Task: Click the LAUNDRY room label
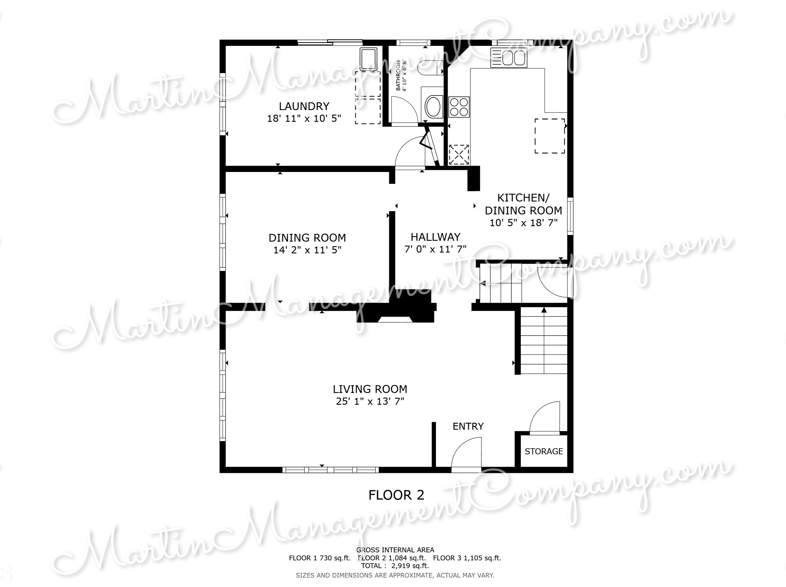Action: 304,106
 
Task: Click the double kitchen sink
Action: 509,58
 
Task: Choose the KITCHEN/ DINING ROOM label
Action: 523,204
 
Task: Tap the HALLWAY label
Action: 435,237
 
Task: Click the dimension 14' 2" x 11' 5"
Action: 307,250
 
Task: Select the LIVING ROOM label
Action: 370,389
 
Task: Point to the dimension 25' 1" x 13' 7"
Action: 370,402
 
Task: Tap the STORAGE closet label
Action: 544,451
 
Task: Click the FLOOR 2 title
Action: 396,495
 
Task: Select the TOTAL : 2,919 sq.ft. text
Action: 395,566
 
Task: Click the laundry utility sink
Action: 368,59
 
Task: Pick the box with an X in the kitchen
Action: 459,154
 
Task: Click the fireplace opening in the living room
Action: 395,319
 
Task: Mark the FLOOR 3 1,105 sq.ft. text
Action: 467,558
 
